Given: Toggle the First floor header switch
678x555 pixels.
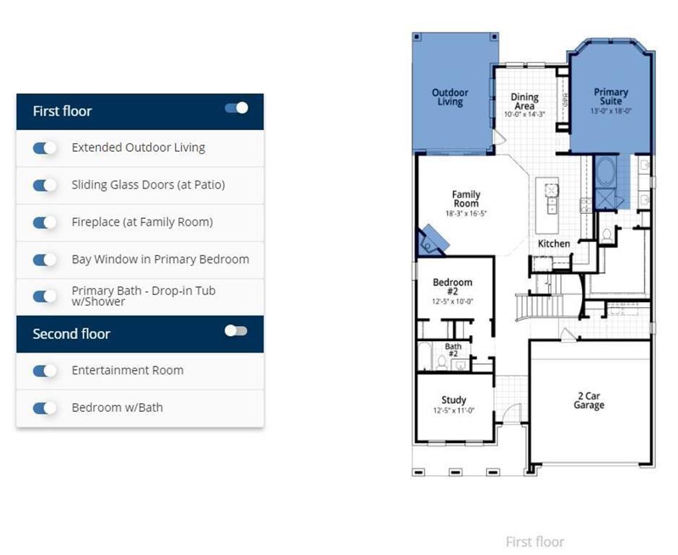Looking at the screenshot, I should pyautogui.click(x=236, y=108).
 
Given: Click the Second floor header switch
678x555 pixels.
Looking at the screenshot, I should pyautogui.click(x=236, y=331).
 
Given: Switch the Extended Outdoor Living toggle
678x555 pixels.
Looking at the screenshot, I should pyautogui.click(x=44, y=147).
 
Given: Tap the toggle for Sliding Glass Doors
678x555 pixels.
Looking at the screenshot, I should pyautogui.click(x=44, y=185).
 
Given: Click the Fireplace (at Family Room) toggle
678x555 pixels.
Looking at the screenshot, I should pyautogui.click(x=44, y=222).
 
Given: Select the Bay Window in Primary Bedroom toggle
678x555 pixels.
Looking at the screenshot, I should pyautogui.click(x=44, y=259).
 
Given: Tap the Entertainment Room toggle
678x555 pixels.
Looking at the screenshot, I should pyautogui.click(x=44, y=371).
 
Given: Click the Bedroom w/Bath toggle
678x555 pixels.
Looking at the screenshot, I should pyautogui.click(x=44, y=408).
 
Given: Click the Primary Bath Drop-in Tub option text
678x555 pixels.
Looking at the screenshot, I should pyautogui.click(x=143, y=296).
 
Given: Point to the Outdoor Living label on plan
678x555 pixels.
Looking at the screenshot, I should pyautogui.click(x=450, y=98).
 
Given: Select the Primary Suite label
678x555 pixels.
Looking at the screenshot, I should pyautogui.click(x=611, y=97).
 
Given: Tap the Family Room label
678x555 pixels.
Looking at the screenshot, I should pyautogui.click(x=466, y=199).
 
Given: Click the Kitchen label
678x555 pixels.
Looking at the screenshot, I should pyautogui.click(x=554, y=244).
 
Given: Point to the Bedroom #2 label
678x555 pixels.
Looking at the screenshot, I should pyautogui.click(x=453, y=287).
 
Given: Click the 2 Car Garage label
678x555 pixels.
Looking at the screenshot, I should pyautogui.click(x=588, y=401).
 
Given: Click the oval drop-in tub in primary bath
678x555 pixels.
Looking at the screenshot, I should pyautogui.click(x=605, y=172).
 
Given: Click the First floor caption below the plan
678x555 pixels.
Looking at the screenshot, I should pyautogui.click(x=534, y=542).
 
